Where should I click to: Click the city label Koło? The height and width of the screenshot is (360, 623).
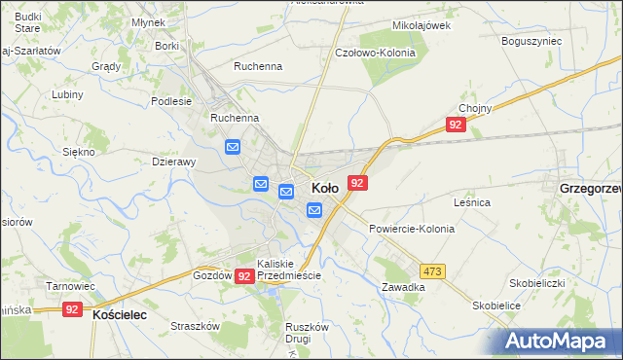(324, 187)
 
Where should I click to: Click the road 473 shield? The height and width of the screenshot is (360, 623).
(433, 270)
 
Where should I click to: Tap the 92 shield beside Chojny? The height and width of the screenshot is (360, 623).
(456, 125)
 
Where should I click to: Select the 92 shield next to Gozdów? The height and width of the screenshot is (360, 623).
(244, 276)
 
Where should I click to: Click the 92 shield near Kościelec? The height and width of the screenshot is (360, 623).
(71, 309)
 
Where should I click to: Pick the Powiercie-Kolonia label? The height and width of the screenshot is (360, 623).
(411, 228)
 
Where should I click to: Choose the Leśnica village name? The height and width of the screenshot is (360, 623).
(471, 202)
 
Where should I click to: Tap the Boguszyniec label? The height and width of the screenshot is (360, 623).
(531, 42)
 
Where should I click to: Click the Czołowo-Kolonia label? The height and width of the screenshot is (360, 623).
(375, 53)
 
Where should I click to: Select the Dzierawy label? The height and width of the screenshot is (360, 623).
(175, 162)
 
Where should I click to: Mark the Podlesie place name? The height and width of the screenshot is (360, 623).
(171, 100)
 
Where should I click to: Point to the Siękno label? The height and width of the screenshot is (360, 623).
(78, 152)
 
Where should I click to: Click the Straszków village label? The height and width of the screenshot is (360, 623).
(192, 326)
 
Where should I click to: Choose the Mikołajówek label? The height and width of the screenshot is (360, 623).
(420, 26)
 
